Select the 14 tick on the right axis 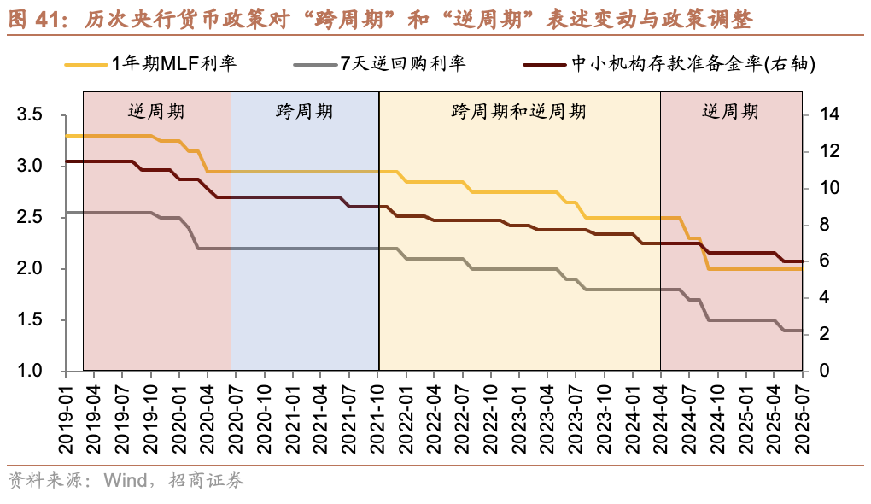click(829, 114)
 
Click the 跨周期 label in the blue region click(304, 112)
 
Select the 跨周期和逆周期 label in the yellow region click(518, 112)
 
